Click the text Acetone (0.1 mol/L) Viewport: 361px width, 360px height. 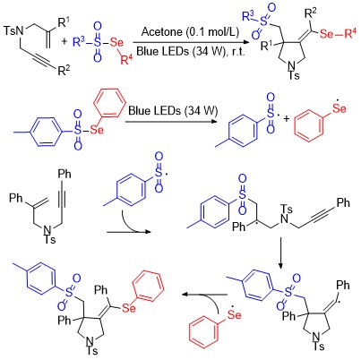(190, 32)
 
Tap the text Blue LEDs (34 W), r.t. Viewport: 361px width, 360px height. (191, 51)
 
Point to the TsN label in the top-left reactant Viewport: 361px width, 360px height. (14, 30)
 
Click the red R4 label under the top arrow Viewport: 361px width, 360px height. (126, 59)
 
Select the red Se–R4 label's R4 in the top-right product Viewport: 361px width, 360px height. (350, 33)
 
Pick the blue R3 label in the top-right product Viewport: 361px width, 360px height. (248, 16)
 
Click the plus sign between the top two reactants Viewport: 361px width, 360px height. (64, 41)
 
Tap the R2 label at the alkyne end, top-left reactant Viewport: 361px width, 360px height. (64, 71)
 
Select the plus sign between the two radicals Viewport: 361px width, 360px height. (287, 119)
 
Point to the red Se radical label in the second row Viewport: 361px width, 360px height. (340, 107)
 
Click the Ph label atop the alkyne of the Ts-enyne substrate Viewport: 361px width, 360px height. (64, 174)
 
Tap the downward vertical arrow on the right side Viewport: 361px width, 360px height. (280, 253)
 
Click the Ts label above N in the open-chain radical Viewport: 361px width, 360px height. (287, 209)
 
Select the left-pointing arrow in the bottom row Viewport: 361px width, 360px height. (204, 295)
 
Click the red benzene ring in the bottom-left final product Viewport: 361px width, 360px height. (148, 286)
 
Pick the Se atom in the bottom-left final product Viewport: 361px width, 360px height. (129, 308)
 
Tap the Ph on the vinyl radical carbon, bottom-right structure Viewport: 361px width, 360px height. (343, 286)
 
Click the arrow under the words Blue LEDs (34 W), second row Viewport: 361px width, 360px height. (171, 122)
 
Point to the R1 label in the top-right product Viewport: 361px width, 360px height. (267, 46)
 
